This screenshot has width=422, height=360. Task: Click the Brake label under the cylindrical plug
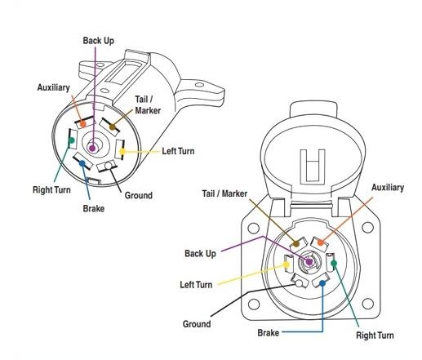pyautogui.click(x=94, y=208)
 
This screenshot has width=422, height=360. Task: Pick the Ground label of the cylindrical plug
pyautogui.click(x=138, y=196)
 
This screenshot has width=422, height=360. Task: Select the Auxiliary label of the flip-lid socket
pyautogui.click(x=387, y=188)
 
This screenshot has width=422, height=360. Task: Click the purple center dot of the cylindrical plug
pyautogui.click(x=93, y=148)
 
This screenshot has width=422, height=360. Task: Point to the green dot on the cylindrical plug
pyautogui.click(x=71, y=140)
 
